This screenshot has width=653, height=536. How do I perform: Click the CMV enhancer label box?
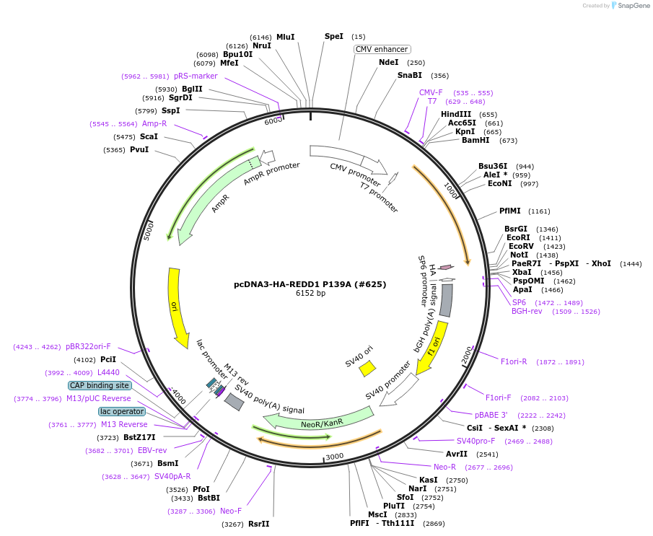382,49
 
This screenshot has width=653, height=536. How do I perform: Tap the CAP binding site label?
100,385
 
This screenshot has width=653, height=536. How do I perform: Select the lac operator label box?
122,411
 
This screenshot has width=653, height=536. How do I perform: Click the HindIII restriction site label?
455,114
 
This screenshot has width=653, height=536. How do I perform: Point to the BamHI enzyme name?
475,140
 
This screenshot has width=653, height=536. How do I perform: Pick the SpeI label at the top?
334,36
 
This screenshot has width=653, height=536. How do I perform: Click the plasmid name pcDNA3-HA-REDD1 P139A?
310,284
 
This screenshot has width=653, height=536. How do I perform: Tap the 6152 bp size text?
310,294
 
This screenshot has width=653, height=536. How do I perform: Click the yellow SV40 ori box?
367,368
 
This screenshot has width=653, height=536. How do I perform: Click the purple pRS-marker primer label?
196,76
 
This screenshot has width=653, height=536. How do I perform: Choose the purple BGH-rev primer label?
527,311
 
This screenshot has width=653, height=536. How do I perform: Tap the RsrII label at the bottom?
258,523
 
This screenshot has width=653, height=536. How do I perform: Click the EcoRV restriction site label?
521,246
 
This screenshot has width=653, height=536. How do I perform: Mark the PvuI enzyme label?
139,149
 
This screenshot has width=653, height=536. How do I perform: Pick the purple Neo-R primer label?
444,467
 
